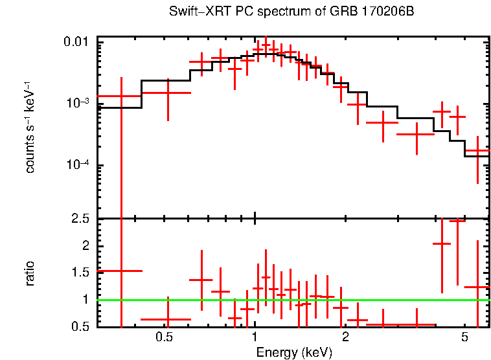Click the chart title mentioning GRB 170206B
(291, 12)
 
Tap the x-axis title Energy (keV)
(293, 352)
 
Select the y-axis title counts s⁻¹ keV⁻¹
(30, 128)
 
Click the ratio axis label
(30, 273)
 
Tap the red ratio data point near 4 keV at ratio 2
(442, 243)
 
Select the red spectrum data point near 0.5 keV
(168, 93)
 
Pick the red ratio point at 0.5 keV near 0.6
(168, 319)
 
